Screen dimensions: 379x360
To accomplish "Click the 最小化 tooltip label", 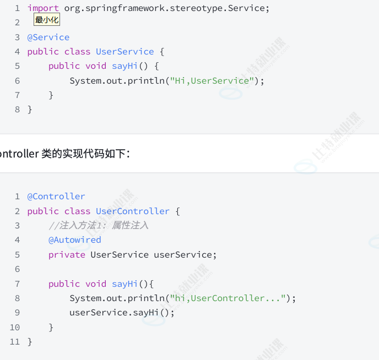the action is coord(47,20).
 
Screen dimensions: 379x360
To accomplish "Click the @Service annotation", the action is coord(48,37).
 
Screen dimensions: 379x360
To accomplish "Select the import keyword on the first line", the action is coord(43,8).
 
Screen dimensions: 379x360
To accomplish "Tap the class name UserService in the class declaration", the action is coord(125,52).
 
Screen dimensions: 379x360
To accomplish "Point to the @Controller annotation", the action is coord(56,197).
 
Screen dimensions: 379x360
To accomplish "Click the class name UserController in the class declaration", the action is coord(133,211).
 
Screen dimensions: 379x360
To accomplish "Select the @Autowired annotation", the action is coord(75,240).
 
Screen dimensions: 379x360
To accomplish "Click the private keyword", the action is coord(67,255).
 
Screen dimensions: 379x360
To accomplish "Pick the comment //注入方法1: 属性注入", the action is coord(99,226).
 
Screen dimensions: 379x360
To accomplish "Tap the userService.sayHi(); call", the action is coord(122,313).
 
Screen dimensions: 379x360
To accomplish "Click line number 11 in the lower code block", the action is coord(15,342).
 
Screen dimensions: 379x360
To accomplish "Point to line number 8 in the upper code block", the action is coord(18,110).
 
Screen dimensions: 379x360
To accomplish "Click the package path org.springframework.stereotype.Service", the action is coord(167,8).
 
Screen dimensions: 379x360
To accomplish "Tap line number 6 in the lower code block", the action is coord(18,269).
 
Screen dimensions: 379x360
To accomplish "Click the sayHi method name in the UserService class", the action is coord(124,66).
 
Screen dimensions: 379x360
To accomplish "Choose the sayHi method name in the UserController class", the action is coord(124,284).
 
